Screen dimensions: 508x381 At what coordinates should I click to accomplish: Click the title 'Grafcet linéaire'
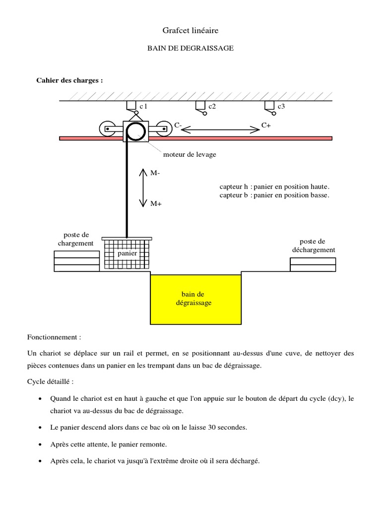(190, 31)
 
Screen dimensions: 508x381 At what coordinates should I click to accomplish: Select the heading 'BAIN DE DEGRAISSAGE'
(190, 49)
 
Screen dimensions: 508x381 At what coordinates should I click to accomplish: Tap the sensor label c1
(143, 107)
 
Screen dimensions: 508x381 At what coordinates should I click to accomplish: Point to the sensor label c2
(212, 107)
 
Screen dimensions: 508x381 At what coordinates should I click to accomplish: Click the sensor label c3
(281, 107)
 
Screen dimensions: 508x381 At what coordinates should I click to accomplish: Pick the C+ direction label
(266, 126)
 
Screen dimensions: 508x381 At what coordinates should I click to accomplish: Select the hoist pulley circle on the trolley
(134, 131)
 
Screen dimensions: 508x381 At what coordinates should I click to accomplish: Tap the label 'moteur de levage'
(193, 155)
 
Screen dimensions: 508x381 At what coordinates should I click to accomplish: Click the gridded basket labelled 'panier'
(127, 254)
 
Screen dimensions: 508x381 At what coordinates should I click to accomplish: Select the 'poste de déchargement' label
(313, 246)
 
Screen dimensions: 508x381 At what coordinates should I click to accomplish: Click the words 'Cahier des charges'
(69, 80)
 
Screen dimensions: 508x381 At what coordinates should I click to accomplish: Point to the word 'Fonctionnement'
(54, 337)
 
